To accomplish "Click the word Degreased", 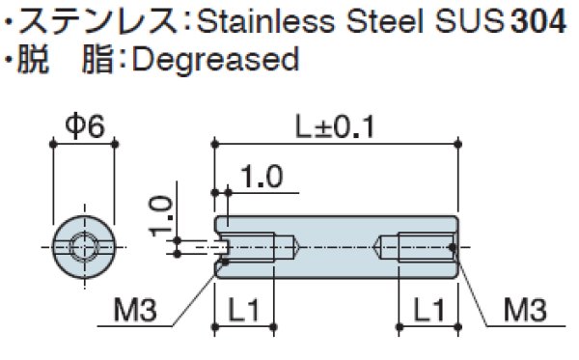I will point(214,60).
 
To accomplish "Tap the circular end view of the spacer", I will point(83,247).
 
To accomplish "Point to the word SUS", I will point(471,19).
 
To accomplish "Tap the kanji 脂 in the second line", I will point(96,60).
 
